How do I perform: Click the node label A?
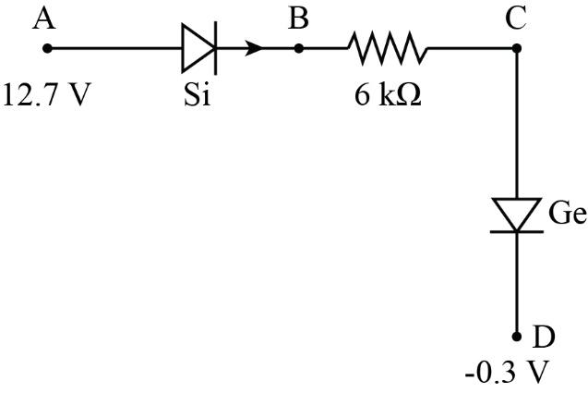(x=42, y=18)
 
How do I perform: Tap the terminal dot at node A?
(x=49, y=45)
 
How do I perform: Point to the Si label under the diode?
(x=197, y=95)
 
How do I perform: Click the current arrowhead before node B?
(x=254, y=45)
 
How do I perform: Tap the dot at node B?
(x=298, y=45)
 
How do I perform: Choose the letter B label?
(x=297, y=18)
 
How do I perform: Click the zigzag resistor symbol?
(x=387, y=45)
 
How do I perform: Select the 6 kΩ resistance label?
(x=389, y=95)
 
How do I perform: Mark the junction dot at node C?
(x=516, y=45)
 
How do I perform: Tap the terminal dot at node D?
(x=516, y=337)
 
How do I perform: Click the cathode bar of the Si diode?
(x=216, y=45)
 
